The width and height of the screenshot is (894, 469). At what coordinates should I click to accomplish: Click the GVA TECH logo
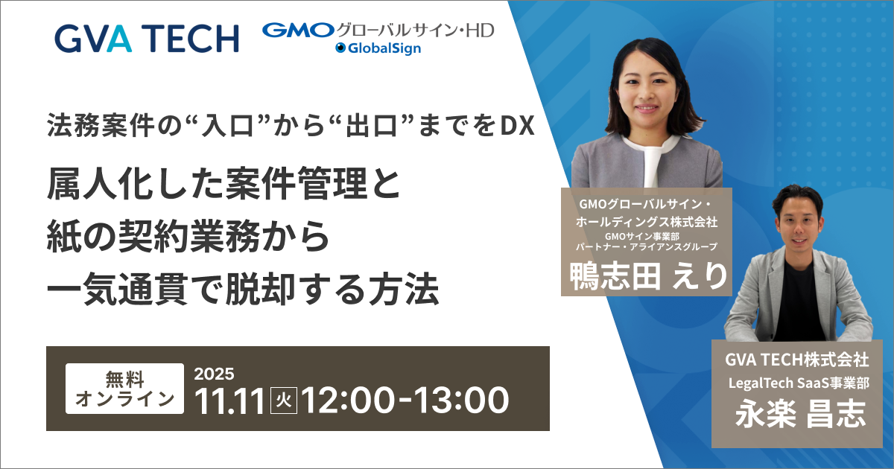147,38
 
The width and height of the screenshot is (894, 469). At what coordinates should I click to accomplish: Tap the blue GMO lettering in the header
298,31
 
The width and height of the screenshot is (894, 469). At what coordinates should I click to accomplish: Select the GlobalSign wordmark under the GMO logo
378,48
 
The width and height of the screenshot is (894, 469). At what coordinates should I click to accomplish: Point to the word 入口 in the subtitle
228,126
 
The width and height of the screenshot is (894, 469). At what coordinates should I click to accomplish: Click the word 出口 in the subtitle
371,126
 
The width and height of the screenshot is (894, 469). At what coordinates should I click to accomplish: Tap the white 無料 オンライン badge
124,389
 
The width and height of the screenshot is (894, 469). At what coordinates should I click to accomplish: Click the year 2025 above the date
215,374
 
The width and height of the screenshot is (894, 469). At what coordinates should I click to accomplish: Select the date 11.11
230,401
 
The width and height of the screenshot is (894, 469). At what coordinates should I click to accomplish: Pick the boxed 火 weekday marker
284,401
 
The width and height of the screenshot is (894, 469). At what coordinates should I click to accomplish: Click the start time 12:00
348,401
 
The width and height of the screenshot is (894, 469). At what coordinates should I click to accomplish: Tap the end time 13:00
462,401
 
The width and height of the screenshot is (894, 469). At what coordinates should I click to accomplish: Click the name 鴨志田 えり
649,276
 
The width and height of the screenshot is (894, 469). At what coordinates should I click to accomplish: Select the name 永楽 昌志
800,415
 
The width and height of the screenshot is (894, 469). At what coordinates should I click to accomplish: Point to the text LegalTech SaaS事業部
799,383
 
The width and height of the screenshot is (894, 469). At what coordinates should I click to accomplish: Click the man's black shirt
798,303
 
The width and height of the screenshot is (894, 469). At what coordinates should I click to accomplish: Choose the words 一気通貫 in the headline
117,289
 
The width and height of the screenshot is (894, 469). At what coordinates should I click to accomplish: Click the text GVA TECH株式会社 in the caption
796,360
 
